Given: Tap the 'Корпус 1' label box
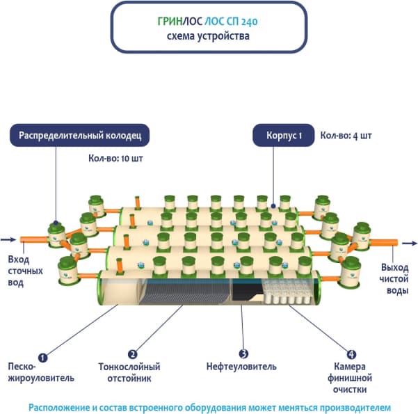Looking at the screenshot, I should [x=280, y=136].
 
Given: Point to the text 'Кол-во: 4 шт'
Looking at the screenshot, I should [x=346, y=135].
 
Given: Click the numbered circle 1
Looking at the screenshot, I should [x=42, y=358].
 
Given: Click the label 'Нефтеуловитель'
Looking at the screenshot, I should [x=242, y=367].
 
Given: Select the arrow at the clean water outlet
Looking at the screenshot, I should [x=409, y=243].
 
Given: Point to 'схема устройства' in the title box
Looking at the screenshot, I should [x=209, y=36].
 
